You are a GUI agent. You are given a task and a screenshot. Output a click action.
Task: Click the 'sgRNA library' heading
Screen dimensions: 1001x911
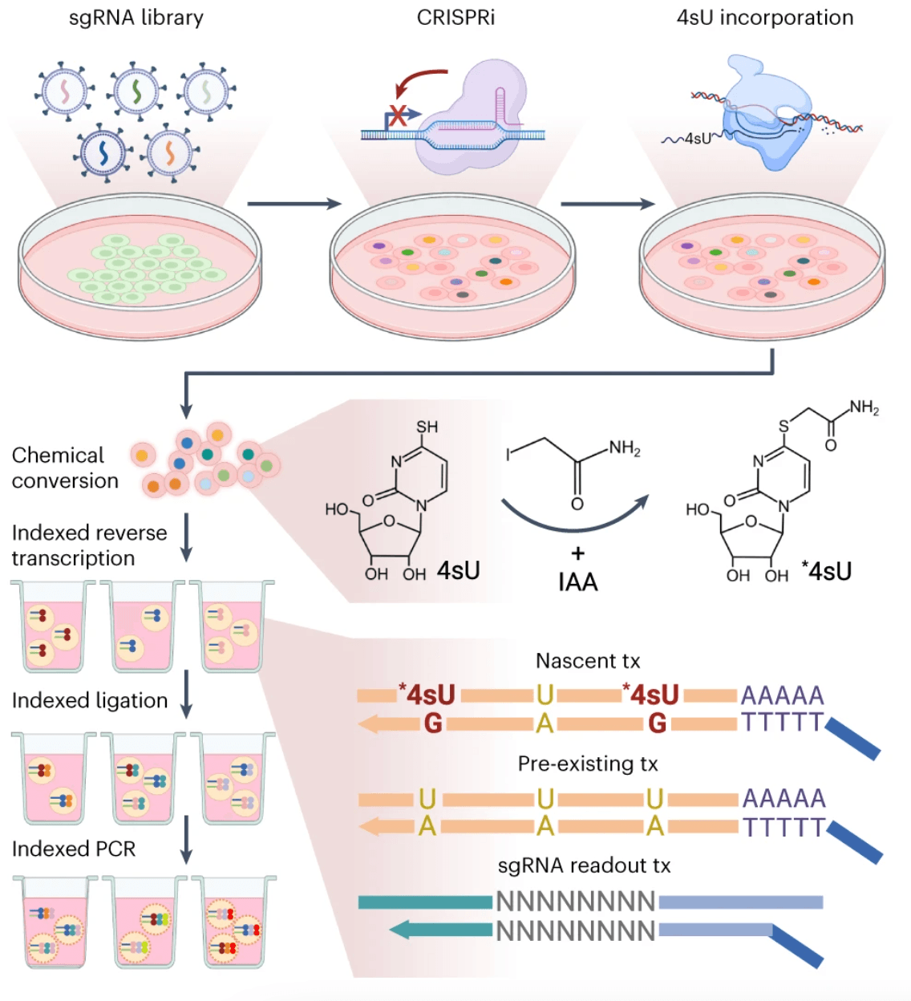click(x=136, y=18)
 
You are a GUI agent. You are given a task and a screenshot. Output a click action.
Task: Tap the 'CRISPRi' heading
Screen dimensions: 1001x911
click(x=455, y=18)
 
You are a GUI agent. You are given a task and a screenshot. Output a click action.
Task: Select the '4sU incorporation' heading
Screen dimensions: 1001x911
click(x=764, y=18)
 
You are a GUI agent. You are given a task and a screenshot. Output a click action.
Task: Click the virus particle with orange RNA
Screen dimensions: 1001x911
click(x=170, y=152)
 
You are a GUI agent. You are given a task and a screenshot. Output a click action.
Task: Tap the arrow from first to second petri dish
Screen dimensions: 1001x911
click(x=294, y=204)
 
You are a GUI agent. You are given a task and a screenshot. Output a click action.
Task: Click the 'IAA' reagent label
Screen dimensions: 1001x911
click(x=577, y=582)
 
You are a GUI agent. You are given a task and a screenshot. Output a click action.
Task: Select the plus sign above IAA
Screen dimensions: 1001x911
click(x=577, y=553)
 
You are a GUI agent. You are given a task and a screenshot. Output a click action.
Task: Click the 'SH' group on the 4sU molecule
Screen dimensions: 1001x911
click(x=427, y=427)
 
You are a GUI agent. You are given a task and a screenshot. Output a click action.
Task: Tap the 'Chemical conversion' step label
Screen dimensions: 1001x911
click(x=64, y=468)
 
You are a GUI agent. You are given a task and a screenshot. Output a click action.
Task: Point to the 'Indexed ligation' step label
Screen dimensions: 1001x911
click(x=89, y=700)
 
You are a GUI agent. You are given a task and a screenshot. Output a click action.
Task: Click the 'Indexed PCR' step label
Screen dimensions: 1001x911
click(x=73, y=849)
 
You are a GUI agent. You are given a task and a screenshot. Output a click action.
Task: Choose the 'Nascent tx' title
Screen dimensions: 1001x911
click(x=588, y=661)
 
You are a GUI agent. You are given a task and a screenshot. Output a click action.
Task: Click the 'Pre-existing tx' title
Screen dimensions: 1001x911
click(x=587, y=764)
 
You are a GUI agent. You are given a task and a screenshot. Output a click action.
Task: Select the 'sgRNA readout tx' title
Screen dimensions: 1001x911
click(x=584, y=865)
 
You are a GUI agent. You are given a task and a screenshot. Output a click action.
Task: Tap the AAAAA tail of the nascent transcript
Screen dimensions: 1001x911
click(x=782, y=695)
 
